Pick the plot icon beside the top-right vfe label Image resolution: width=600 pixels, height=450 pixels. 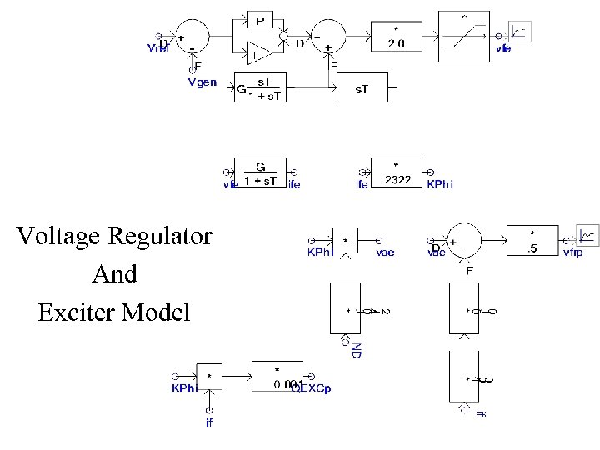click(x=519, y=32)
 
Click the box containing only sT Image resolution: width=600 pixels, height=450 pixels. click(x=362, y=87)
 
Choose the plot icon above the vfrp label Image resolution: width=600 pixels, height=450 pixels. click(x=587, y=235)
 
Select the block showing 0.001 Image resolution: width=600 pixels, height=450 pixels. click(x=277, y=377)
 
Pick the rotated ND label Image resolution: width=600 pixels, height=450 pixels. click(x=356, y=350)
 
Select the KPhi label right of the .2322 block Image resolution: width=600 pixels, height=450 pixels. click(x=440, y=184)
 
